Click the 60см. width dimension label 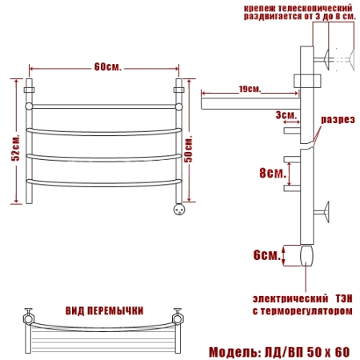pos(108,67)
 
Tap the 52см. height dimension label pos(15,147)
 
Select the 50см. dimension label pos(188,150)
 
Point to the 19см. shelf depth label pos(250,89)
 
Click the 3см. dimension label pos(286,115)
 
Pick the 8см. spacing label pos(273,174)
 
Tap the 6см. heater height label pos(267,255)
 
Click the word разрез pos(338,120)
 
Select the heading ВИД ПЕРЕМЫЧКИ pos(105,311)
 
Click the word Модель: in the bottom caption pos(235,352)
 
